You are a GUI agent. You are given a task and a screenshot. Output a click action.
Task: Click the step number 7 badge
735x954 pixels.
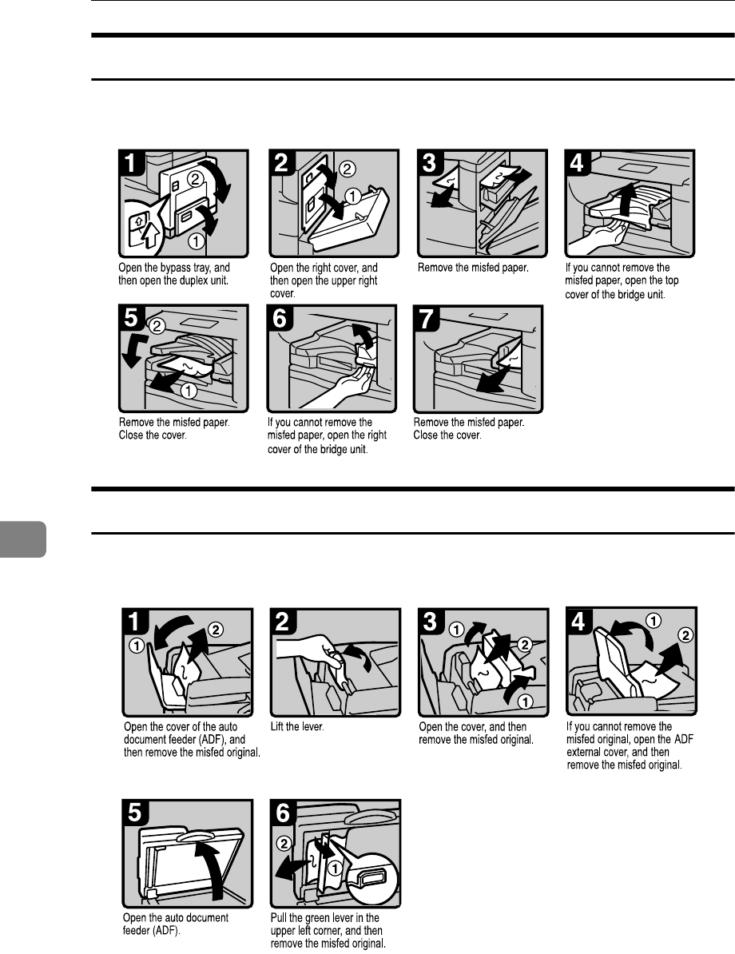coord(427,318)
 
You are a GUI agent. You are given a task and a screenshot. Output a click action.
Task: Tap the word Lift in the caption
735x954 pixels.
coord(277,726)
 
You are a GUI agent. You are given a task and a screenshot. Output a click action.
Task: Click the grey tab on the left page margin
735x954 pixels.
coord(22,539)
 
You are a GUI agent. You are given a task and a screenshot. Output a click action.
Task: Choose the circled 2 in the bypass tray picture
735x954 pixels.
coord(195,179)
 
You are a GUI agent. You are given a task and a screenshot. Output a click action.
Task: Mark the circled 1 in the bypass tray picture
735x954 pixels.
coord(195,241)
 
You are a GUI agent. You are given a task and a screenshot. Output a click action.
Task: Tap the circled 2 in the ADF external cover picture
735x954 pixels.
coord(685,635)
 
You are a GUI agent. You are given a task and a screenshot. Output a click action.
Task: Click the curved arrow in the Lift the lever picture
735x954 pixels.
coord(359,657)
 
